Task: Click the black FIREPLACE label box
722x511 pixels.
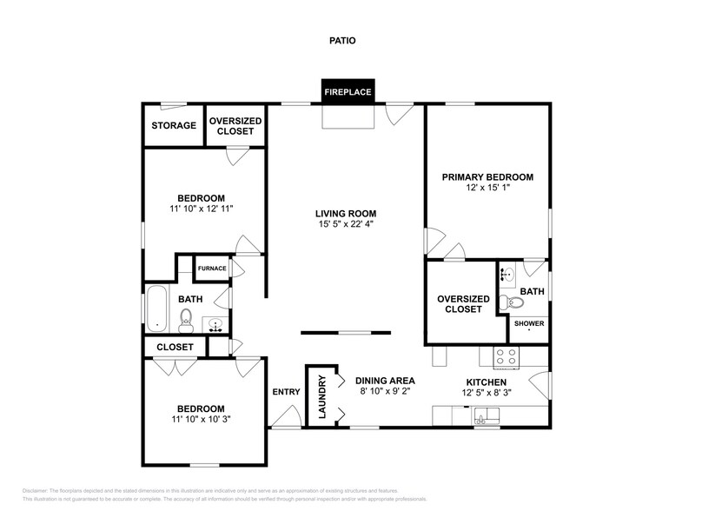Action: click(348, 91)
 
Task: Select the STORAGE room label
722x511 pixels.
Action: click(174, 126)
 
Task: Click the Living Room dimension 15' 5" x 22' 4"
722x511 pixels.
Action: click(346, 226)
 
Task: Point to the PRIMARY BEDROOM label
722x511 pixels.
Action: click(487, 177)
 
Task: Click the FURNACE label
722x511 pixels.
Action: click(211, 269)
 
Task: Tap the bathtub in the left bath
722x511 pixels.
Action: click(156, 309)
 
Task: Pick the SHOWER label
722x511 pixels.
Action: click(528, 324)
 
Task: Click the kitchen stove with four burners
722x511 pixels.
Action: click(506, 356)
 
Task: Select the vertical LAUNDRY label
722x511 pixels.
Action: click(321, 397)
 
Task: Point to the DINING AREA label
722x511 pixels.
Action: click(385, 381)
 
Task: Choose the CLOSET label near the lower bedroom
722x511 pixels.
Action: click(175, 347)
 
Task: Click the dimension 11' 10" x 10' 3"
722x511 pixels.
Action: click(201, 420)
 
